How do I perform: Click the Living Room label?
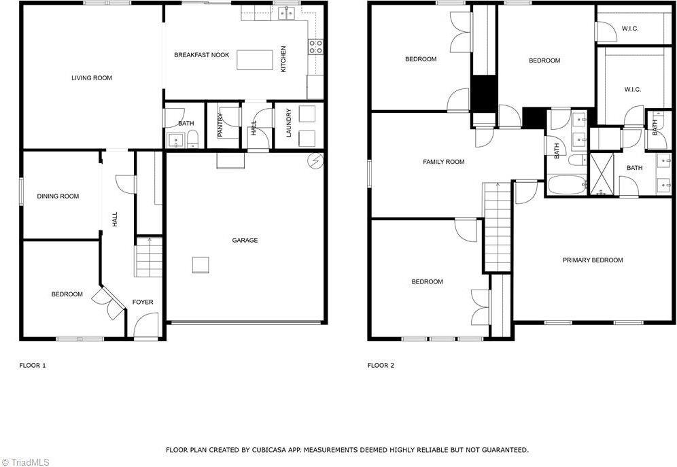point(92,78)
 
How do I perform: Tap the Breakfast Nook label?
point(201,55)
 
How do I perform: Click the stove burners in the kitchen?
point(316,46)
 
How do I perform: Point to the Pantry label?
point(221,125)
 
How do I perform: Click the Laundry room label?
point(289,123)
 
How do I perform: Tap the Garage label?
point(245,240)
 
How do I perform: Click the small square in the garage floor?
point(200,264)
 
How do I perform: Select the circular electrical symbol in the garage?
point(315,160)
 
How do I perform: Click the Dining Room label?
point(58,196)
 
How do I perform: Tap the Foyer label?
point(143,302)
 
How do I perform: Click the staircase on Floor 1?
point(148,258)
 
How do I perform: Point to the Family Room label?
point(444,162)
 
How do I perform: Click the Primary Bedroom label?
point(593,260)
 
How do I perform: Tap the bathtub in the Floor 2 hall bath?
point(566,184)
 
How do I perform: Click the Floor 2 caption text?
point(381,366)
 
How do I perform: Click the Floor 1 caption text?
point(33,366)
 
